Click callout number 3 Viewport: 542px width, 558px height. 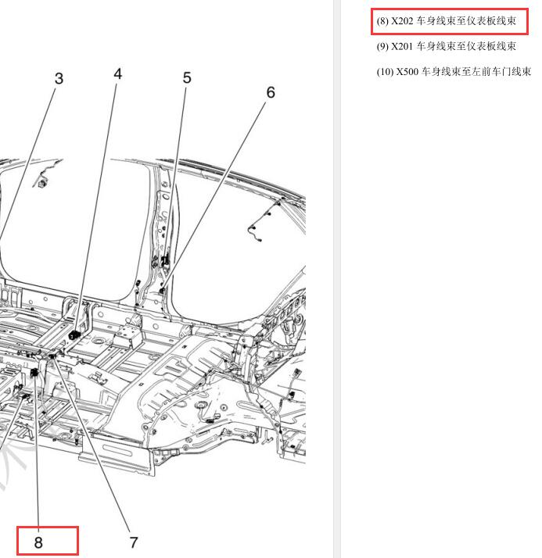coord(59,79)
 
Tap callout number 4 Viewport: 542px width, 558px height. coord(118,74)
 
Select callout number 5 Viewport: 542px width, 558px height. coord(187,78)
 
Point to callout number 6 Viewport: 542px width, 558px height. coord(271,92)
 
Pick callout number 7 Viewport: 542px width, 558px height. coord(134,542)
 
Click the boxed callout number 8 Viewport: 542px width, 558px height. coord(38,542)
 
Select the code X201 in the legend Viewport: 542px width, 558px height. coord(403,47)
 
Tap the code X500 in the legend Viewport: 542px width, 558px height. coord(407,72)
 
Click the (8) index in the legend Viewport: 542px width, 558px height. coord(382,21)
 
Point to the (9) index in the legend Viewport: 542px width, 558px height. coord(382,47)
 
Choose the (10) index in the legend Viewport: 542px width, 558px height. coord(385,72)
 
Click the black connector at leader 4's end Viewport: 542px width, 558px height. coord(74,334)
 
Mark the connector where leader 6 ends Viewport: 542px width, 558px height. coord(163,291)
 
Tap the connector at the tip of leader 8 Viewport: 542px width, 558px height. coord(35,373)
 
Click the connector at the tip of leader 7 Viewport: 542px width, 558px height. coord(52,356)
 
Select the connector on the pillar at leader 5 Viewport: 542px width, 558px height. coord(165,261)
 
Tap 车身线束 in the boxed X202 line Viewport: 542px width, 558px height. coord(436,21)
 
